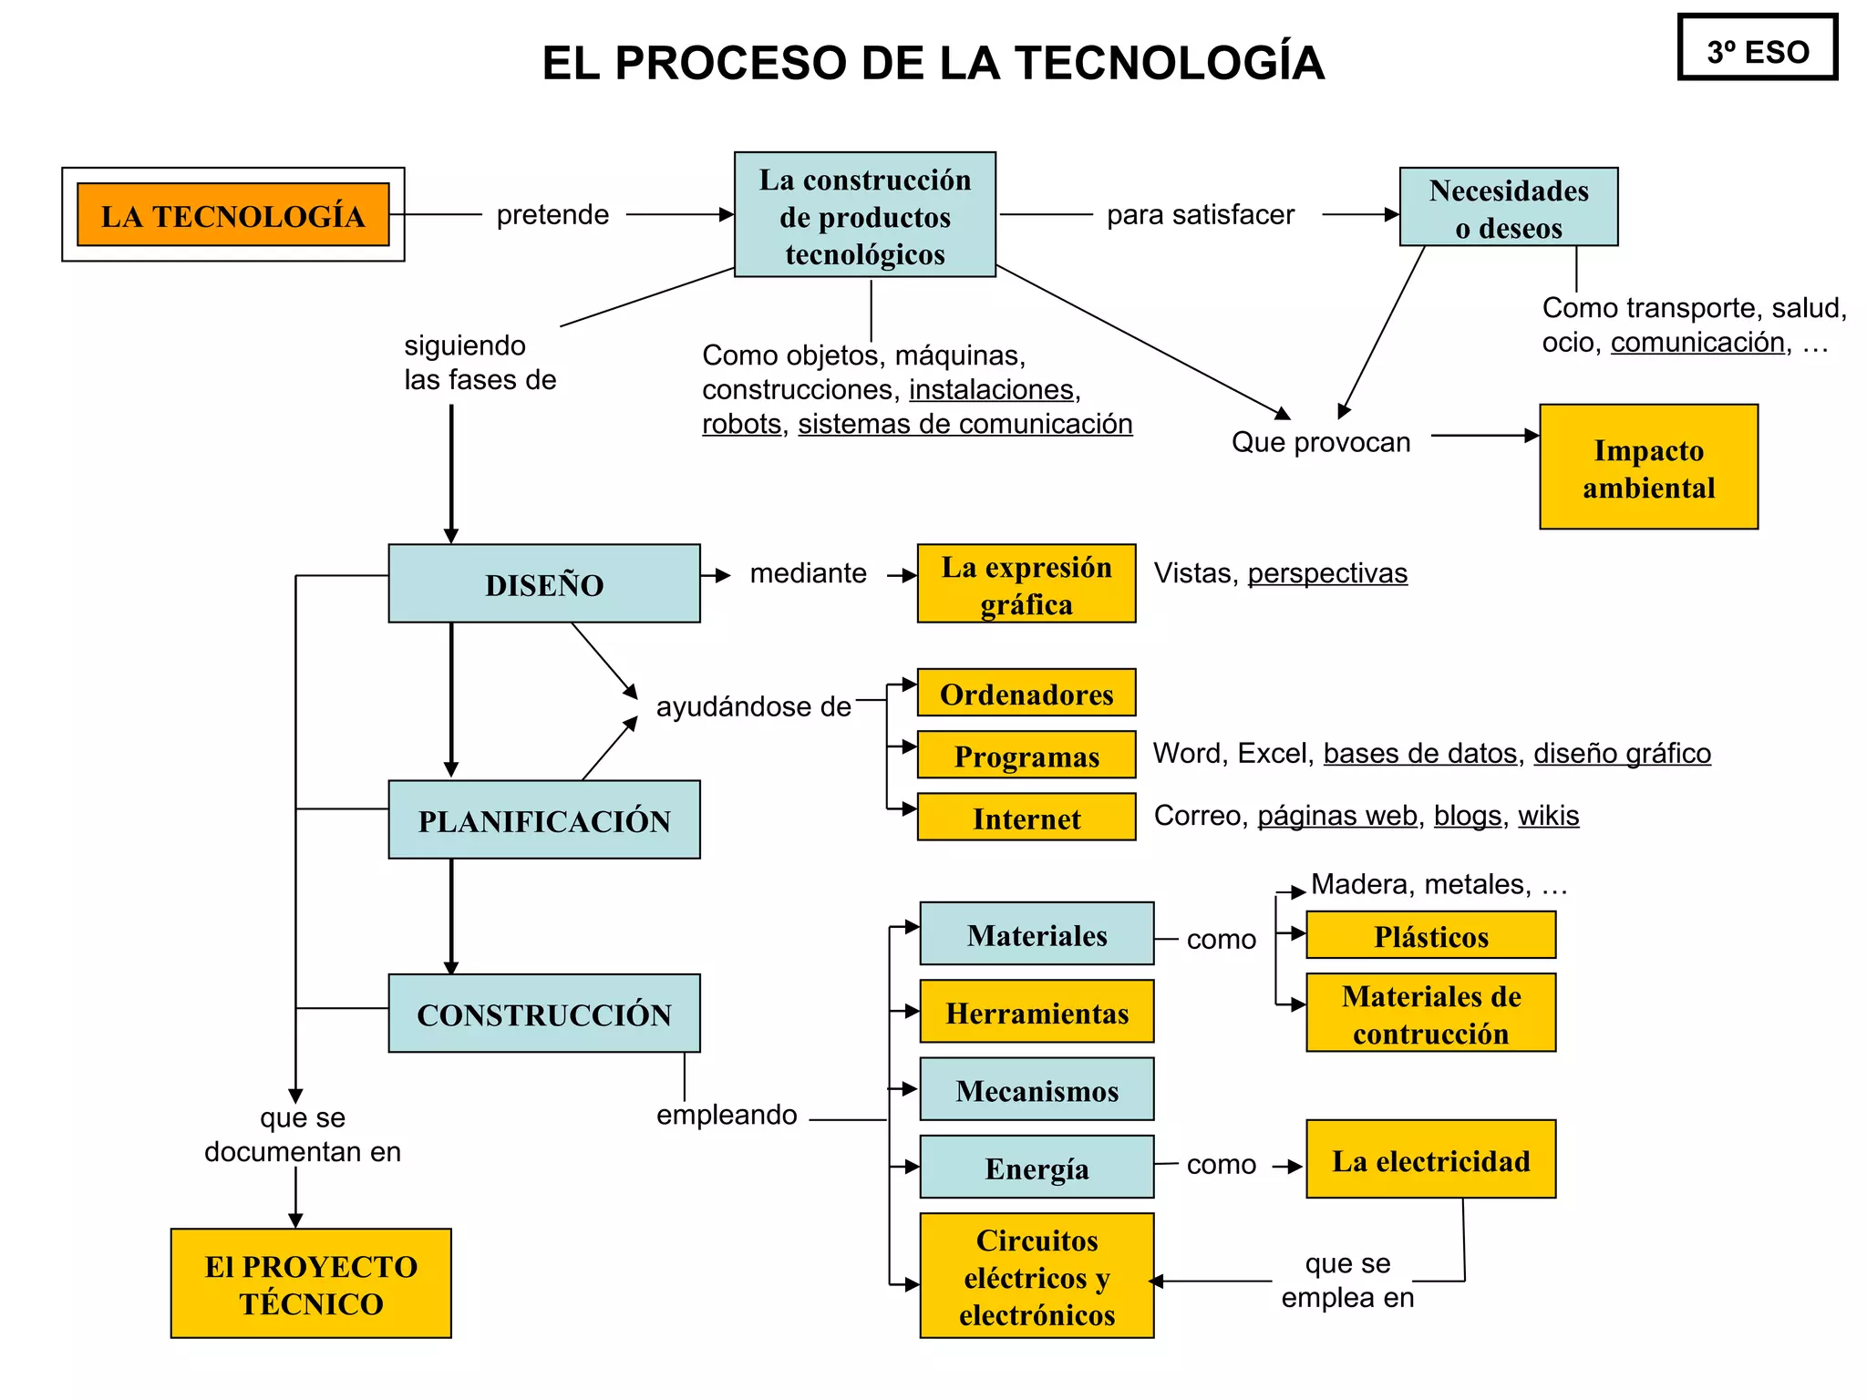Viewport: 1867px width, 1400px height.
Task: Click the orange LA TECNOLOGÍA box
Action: click(233, 215)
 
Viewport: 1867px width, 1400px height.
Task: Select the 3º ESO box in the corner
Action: click(1757, 47)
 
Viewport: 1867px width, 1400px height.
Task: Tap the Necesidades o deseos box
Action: click(1508, 207)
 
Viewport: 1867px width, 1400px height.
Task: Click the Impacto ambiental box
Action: click(1648, 467)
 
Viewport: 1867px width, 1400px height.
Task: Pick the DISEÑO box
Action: click(544, 583)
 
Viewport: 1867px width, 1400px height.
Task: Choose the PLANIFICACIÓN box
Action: click(544, 819)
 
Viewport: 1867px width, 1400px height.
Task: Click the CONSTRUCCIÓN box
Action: click(544, 1013)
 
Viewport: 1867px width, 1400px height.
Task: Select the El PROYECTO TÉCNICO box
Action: click(311, 1283)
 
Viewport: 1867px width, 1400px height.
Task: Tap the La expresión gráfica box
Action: click(1026, 583)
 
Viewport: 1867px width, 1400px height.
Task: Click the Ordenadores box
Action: click(1026, 693)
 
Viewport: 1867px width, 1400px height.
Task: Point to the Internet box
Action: click(1026, 817)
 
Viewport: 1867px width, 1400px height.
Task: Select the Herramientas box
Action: click(1037, 1011)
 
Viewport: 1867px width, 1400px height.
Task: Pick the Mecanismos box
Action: click(1037, 1089)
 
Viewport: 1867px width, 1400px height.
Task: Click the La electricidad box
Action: click(1430, 1159)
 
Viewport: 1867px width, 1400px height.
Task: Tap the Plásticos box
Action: click(1430, 935)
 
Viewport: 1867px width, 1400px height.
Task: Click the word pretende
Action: click(552, 214)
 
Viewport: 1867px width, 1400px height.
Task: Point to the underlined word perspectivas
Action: click(1327, 572)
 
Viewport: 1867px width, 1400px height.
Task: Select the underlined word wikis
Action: click(1548, 815)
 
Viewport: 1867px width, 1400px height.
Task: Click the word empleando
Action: click(727, 1114)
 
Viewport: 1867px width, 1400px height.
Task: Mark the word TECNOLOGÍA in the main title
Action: click(1169, 63)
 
